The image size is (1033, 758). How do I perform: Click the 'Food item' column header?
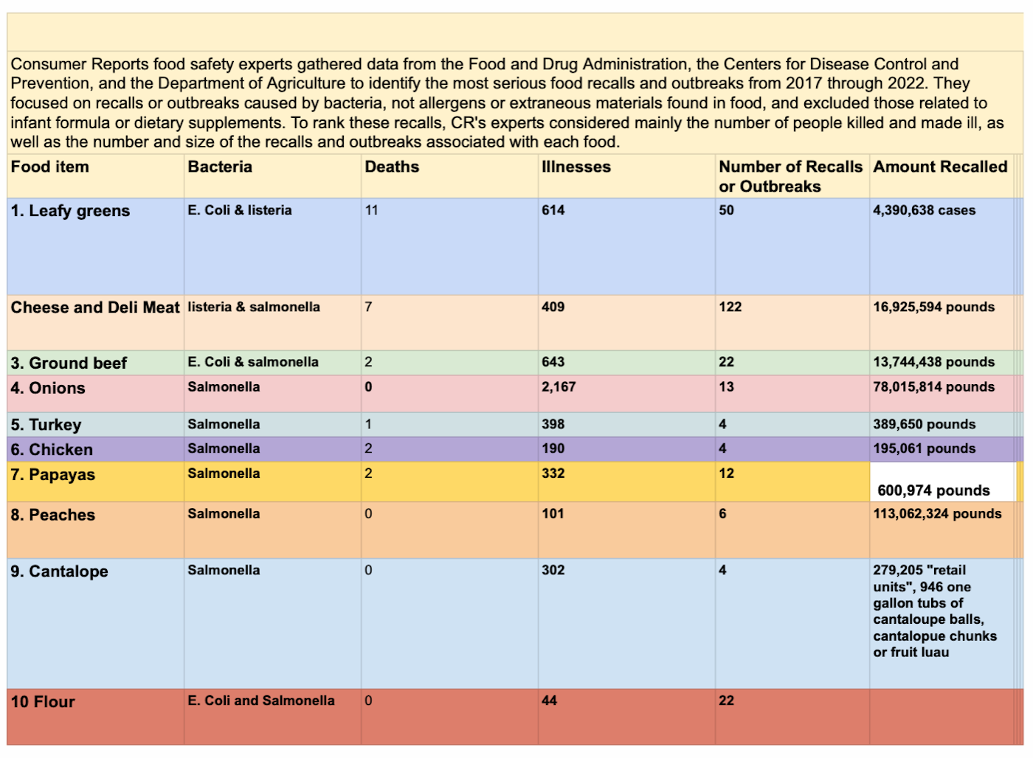[x=50, y=167]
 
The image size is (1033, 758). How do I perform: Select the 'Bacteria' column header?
[x=220, y=167]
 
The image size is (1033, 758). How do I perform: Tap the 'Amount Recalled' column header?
[x=940, y=167]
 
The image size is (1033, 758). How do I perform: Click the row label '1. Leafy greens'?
[x=70, y=211]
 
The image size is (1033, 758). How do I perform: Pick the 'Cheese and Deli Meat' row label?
[x=95, y=307]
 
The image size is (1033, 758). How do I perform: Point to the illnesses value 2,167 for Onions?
[x=559, y=387]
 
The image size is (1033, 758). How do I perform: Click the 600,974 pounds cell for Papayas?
[x=933, y=490]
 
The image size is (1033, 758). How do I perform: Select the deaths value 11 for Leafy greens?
[x=371, y=210]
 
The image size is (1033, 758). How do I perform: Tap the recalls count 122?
[x=730, y=307]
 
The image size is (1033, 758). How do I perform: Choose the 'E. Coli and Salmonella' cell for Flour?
[x=261, y=700]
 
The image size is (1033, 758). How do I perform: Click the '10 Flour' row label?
[x=43, y=702]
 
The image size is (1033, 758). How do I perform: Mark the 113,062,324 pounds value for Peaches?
[x=937, y=514]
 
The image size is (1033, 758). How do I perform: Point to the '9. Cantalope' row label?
[x=59, y=571]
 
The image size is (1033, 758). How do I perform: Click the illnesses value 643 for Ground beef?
[x=553, y=362]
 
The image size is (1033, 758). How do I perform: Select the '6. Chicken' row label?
[x=52, y=450]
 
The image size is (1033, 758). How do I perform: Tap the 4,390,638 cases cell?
[x=924, y=210]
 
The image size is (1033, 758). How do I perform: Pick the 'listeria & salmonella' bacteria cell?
[x=254, y=307]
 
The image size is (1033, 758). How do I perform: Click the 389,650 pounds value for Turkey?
[x=924, y=424]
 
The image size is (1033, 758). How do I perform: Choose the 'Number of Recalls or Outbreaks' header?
[x=790, y=176]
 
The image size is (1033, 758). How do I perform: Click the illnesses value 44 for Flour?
[x=549, y=700]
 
